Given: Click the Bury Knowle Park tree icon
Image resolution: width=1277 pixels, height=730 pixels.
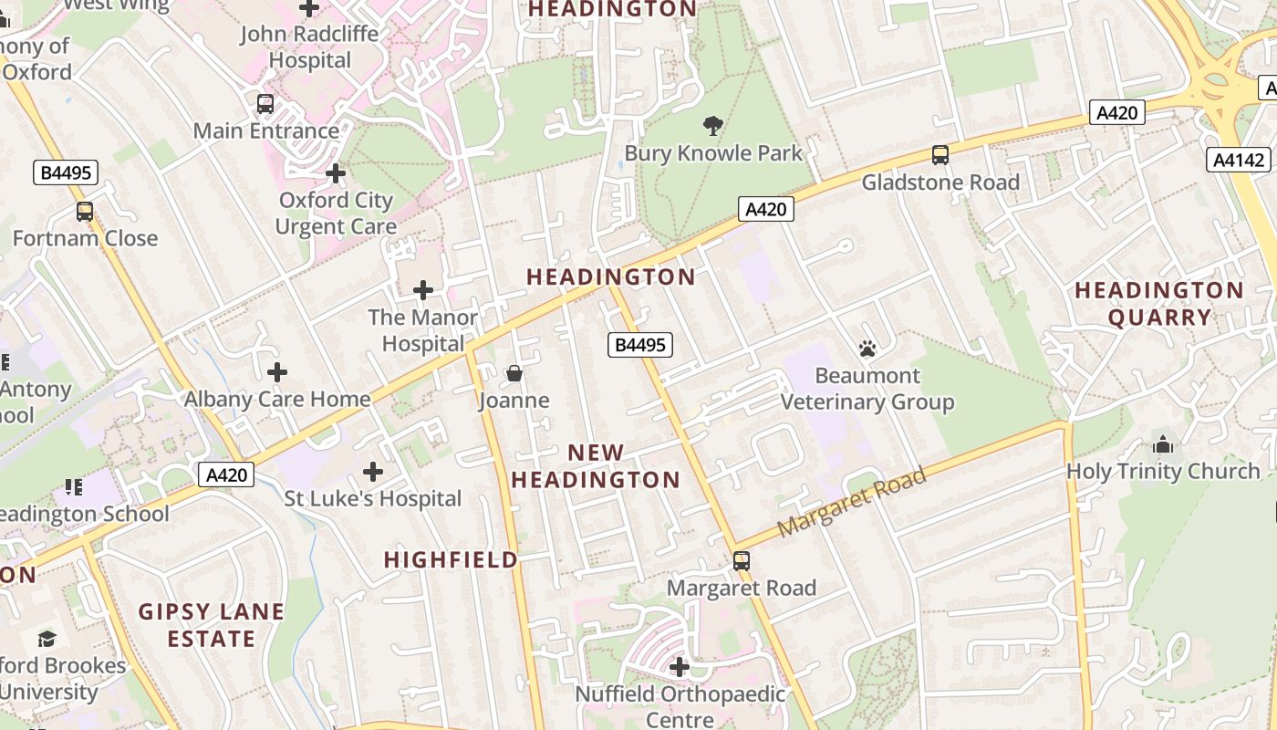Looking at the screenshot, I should pyautogui.click(x=713, y=125).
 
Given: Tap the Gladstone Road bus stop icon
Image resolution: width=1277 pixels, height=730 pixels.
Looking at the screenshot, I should pyautogui.click(x=940, y=155).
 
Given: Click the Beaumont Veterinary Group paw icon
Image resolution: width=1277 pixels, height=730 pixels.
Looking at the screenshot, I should pyautogui.click(x=867, y=349).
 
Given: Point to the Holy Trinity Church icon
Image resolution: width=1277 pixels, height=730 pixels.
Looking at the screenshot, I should pyautogui.click(x=1163, y=444).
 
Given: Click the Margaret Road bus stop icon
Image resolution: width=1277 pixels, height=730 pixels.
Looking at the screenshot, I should pyautogui.click(x=742, y=560).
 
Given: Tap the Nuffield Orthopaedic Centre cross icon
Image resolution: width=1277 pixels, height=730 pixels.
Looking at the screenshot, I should pyautogui.click(x=679, y=667).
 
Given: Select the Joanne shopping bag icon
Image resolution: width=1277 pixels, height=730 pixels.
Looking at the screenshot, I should pyautogui.click(x=514, y=373).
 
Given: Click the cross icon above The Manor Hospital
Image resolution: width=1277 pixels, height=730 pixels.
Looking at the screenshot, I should pyautogui.click(x=423, y=290).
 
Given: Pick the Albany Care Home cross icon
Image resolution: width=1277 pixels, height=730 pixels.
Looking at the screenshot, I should pyautogui.click(x=277, y=372).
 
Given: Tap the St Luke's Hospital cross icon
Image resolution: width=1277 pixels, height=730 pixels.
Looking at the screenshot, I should pyautogui.click(x=372, y=472).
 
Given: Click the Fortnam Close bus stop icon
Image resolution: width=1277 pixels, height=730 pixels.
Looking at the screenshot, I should pyautogui.click(x=85, y=212).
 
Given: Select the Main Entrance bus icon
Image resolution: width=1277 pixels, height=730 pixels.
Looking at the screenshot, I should pyautogui.click(x=265, y=104).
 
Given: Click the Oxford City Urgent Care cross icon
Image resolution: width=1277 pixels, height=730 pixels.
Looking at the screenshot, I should pyautogui.click(x=336, y=172).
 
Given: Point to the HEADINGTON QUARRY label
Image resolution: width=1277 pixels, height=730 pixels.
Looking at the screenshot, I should pyautogui.click(x=1158, y=304).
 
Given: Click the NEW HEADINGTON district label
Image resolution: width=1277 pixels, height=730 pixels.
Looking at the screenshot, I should pyautogui.click(x=596, y=465).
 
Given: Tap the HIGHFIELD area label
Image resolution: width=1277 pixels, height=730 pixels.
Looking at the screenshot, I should pyautogui.click(x=451, y=559).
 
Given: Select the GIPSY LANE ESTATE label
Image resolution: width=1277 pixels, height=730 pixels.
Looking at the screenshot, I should pyautogui.click(x=212, y=625).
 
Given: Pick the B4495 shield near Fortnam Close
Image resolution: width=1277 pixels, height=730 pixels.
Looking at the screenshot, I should pyautogui.click(x=65, y=172).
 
